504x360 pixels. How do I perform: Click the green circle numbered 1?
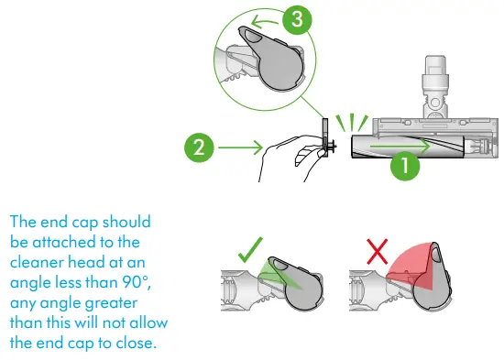[x=405, y=166]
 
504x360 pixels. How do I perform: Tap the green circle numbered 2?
[x=199, y=147]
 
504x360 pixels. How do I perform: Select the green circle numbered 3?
[x=297, y=19]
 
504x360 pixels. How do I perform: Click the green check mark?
[x=250, y=250]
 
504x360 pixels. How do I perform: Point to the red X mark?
[x=377, y=252]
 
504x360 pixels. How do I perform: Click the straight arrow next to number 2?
[x=240, y=147]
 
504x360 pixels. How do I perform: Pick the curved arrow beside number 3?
[x=264, y=22]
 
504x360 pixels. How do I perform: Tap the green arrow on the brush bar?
[x=400, y=147]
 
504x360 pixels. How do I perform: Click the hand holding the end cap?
[x=290, y=158]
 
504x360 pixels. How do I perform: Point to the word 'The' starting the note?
[x=23, y=222]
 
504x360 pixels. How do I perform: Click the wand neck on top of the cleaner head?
[x=435, y=87]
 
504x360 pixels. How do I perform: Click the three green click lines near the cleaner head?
[x=352, y=123]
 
